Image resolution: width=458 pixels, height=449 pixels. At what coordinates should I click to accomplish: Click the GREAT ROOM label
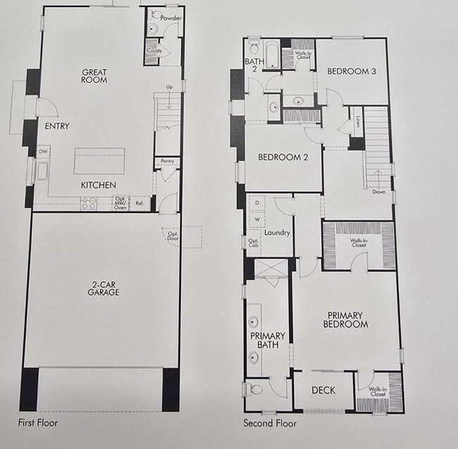94,76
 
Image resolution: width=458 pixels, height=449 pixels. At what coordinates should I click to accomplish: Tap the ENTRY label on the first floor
56,127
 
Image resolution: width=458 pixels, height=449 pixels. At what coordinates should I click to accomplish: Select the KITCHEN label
98,185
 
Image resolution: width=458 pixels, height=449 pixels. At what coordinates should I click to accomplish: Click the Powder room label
171,16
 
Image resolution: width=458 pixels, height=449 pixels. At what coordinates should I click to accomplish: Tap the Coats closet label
154,51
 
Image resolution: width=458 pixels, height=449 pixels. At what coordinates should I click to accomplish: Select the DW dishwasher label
43,152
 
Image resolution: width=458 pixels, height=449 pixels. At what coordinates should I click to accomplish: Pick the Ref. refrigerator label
139,204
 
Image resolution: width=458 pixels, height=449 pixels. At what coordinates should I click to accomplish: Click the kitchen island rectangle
99,162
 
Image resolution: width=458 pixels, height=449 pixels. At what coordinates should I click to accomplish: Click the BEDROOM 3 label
350,71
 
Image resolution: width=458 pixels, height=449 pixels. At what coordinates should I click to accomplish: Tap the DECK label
323,390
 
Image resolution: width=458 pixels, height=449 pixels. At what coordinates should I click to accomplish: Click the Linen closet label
359,121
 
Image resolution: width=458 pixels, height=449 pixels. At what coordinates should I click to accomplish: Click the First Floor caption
38,424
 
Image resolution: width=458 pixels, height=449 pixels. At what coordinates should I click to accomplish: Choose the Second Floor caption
270,424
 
